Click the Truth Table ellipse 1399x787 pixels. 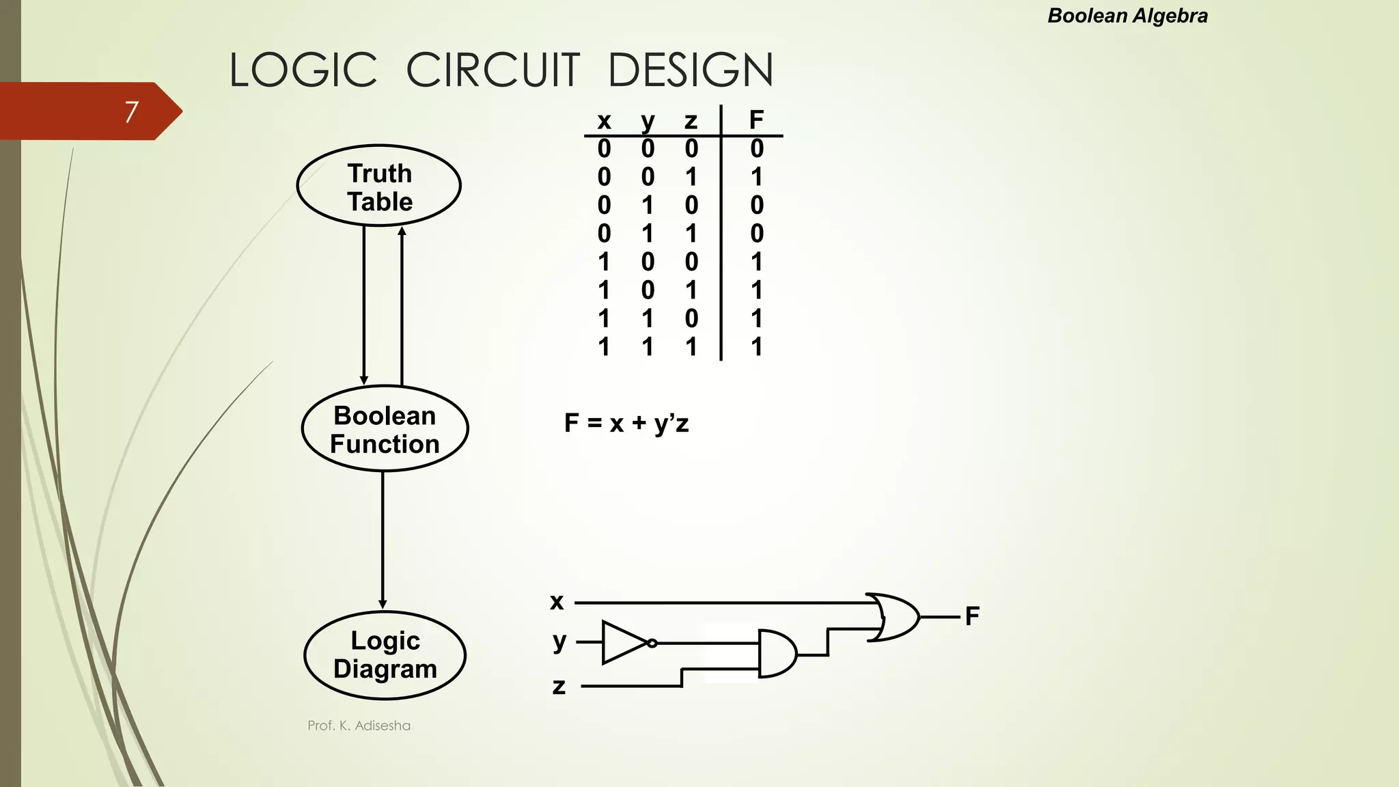pos(379,186)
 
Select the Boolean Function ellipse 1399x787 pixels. pos(385,429)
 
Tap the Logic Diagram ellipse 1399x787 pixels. pos(385,655)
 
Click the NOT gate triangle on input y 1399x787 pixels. pos(623,643)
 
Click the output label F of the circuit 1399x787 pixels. pos(972,616)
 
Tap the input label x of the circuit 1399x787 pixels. pos(557,602)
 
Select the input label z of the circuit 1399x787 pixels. pos(559,686)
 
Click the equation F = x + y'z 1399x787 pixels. pos(626,424)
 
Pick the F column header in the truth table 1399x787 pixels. pos(756,120)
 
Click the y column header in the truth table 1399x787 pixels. pos(648,122)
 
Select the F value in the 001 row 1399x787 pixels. pos(756,177)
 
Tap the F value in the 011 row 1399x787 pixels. pos(756,234)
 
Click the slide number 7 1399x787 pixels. pos(132,111)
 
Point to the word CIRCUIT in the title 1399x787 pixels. pos(493,70)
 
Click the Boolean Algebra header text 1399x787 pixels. pos(1127,16)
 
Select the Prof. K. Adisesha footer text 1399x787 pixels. pos(359,726)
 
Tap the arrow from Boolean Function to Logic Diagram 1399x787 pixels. pos(383,540)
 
